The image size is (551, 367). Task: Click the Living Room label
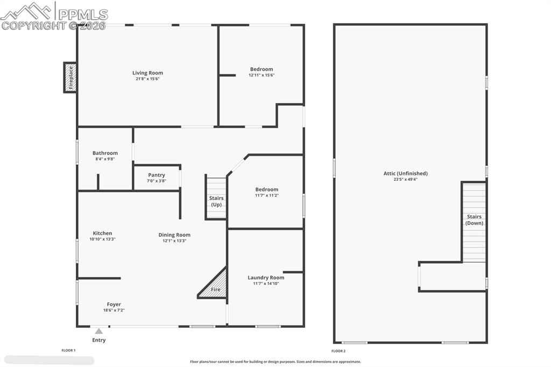point(147,73)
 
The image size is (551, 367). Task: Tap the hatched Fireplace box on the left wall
point(70,77)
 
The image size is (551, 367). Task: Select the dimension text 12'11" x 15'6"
point(262,75)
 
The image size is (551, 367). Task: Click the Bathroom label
point(105,153)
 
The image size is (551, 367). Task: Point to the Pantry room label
point(157,175)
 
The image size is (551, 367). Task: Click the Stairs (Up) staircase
point(216,197)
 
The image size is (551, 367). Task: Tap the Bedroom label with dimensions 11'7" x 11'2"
point(267,189)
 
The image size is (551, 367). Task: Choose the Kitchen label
point(102,233)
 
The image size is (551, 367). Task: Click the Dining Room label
point(174,235)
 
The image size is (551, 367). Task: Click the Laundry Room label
point(266,277)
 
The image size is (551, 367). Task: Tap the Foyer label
point(114,305)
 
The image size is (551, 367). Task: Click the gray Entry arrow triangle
point(99,331)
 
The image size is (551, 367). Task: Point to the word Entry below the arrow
point(99,340)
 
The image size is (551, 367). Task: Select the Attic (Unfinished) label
point(406,173)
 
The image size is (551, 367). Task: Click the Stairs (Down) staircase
point(474,222)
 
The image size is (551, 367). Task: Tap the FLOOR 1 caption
point(68,350)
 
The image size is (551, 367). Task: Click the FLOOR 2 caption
point(338,351)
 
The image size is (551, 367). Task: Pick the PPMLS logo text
point(83,14)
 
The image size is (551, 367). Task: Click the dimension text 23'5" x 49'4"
point(406,179)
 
